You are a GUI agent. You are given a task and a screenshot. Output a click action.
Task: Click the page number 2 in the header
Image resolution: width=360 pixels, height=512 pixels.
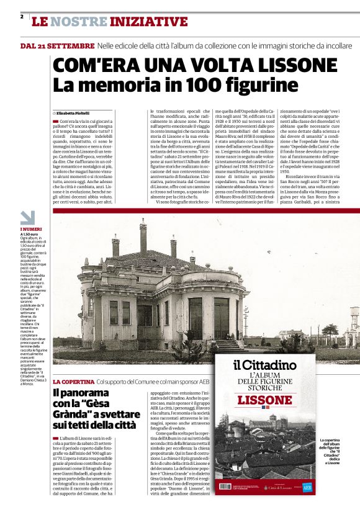tap(22, 17)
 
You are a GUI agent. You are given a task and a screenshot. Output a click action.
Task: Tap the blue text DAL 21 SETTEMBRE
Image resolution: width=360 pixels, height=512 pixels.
tap(57, 47)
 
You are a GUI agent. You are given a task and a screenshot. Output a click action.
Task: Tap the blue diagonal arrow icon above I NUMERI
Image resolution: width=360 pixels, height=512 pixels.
tap(27, 218)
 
